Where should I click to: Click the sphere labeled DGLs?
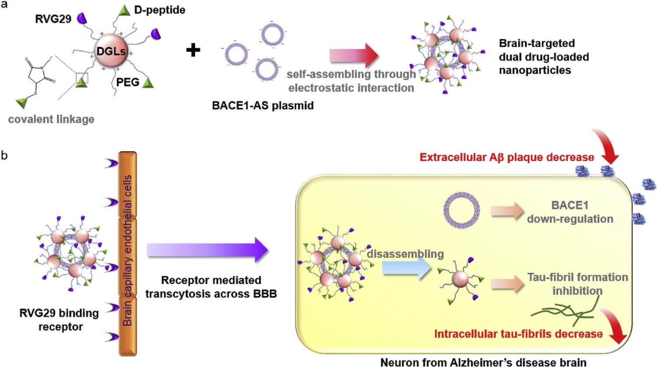[111, 51]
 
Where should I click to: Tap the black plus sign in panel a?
[193, 50]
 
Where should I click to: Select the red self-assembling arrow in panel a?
[354, 56]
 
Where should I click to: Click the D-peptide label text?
[159, 10]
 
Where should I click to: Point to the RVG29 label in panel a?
[53, 19]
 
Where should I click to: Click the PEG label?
[127, 82]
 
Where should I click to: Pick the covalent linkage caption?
[51, 119]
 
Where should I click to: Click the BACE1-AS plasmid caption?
[263, 106]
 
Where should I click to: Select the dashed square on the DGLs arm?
[82, 79]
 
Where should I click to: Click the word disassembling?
[405, 254]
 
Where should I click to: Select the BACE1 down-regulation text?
[570, 212]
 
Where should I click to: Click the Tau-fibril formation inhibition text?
[577, 284]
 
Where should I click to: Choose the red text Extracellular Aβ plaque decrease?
[506, 157]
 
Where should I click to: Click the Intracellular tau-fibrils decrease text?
[518, 334]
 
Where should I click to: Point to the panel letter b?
[4, 155]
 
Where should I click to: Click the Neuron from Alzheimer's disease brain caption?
[483, 362]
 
